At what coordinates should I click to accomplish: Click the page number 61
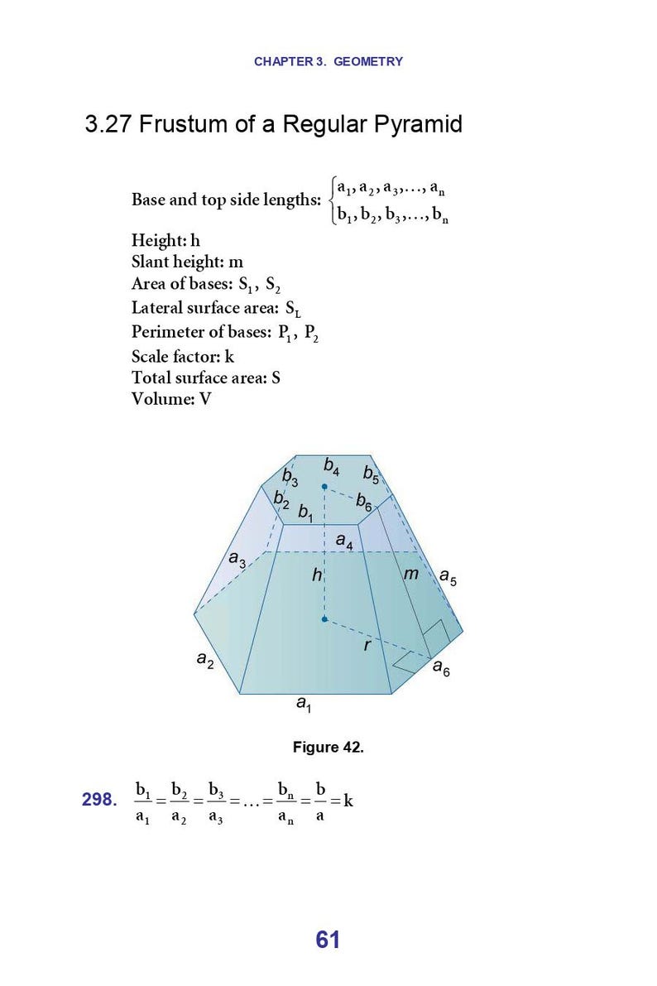click(x=328, y=940)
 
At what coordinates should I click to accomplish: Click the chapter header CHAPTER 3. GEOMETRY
click(x=328, y=61)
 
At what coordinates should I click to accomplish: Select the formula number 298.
click(x=99, y=800)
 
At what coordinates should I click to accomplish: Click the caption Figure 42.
click(x=328, y=748)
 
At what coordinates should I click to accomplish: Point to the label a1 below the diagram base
click(x=304, y=705)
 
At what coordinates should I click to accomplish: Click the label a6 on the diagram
click(x=442, y=670)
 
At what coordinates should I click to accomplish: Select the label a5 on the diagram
click(x=448, y=577)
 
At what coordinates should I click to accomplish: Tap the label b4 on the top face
click(x=331, y=468)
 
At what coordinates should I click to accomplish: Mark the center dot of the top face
click(x=324, y=488)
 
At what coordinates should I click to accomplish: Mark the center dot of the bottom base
click(x=324, y=618)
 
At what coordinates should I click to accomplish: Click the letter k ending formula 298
click(x=348, y=801)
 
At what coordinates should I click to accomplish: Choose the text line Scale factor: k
click(x=183, y=356)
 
